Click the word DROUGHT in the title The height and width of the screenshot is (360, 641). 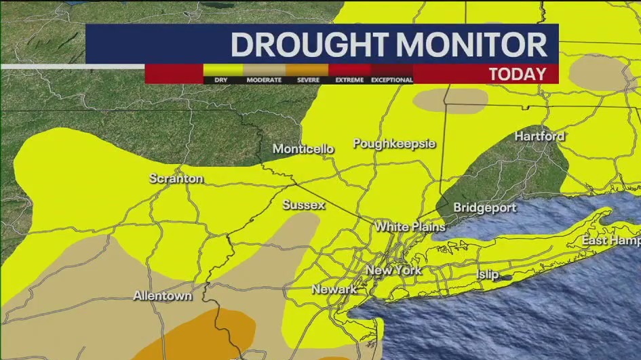[310, 45]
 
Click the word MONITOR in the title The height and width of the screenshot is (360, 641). [472, 45]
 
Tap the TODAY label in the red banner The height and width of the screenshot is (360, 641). [518, 74]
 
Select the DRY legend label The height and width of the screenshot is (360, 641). [220, 80]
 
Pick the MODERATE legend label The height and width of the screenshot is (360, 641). [264, 80]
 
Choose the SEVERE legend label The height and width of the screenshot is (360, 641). [309, 80]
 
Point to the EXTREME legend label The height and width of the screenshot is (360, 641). [350, 80]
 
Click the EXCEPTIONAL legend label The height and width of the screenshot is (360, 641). [391, 80]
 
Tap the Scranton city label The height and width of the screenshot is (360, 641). [176, 179]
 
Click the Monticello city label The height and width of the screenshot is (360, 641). [303, 149]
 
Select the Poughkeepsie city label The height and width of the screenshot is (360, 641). [394, 144]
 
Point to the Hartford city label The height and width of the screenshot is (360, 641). [539, 136]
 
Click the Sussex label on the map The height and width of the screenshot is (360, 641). [303, 205]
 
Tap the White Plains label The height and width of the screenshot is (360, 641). [410, 226]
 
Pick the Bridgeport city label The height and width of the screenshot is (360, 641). [484, 208]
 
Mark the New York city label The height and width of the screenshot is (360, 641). [393, 271]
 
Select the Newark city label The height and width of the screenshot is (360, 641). [334, 289]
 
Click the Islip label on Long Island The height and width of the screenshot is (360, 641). [487, 275]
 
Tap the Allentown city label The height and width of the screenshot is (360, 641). [162, 296]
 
